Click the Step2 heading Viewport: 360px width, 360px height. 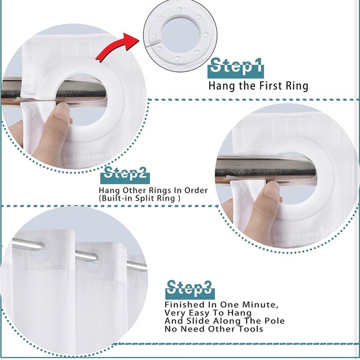pyautogui.click(x=125, y=173)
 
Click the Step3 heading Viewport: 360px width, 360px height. pyautogui.click(x=190, y=288)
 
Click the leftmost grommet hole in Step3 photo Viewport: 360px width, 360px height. pyautogui.click(x=37, y=251)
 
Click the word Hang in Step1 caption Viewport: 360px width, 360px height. pyautogui.click(x=220, y=86)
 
